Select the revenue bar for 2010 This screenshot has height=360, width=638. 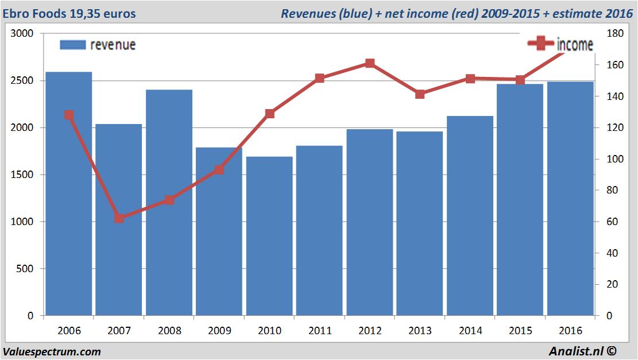pos(269,235)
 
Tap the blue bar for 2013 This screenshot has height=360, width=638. pos(420,224)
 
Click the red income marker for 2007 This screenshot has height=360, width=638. pos(119,218)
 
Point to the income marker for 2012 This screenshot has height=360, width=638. pos(370,64)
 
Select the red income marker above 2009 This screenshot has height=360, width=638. pos(219,170)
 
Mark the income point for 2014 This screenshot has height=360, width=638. pos(470,79)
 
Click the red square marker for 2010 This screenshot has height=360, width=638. pos(269,114)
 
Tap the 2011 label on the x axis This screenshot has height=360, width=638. pos(320,331)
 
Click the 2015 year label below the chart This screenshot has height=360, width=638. pos(520,331)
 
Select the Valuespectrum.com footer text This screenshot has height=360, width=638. pos(52,351)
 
